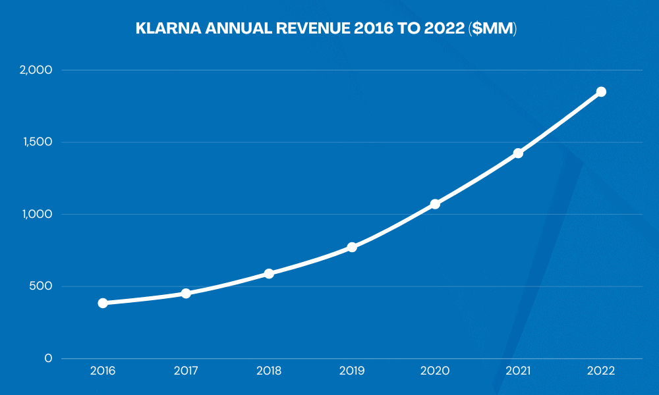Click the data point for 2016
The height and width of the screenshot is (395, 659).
[103, 303]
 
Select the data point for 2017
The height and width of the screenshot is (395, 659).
[186, 293]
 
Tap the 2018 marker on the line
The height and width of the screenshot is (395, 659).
[269, 273]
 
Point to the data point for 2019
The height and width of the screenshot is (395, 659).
[352, 247]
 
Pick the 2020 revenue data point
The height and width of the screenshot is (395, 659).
[435, 204]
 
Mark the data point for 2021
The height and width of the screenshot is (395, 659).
[518, 153]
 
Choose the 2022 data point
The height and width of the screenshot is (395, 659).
[601, 92]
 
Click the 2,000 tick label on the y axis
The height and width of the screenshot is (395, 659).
[37, 70]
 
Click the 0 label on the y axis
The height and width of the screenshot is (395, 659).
[48, 358]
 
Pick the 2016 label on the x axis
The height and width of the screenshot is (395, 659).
[103, 371]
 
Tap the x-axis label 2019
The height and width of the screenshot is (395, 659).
[352, 371]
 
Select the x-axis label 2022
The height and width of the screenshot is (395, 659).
[601, 371]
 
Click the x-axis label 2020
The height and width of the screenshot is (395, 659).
[435, 371]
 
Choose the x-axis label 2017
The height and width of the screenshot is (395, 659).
[186, 371]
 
